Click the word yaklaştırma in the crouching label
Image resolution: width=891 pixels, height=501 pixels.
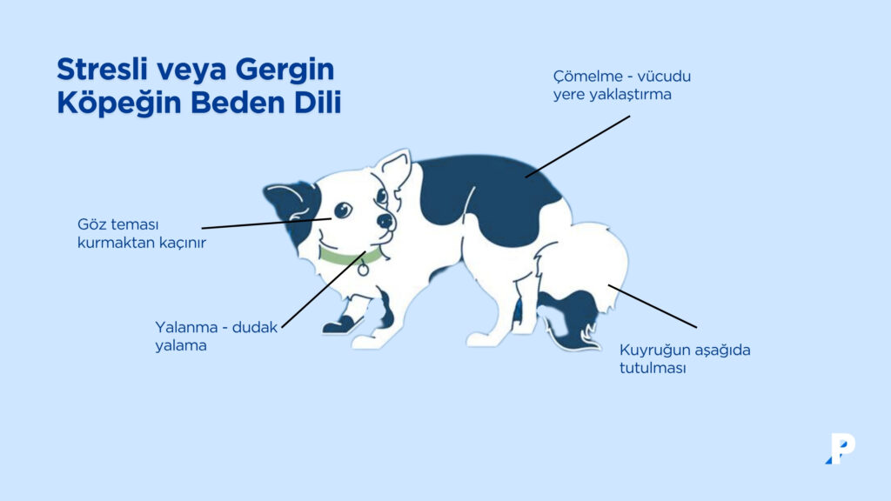[x=627, y=94]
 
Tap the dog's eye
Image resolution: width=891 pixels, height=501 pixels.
[x=342, y=209]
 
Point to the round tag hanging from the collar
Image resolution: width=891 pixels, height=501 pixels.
[x=363, y=270]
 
